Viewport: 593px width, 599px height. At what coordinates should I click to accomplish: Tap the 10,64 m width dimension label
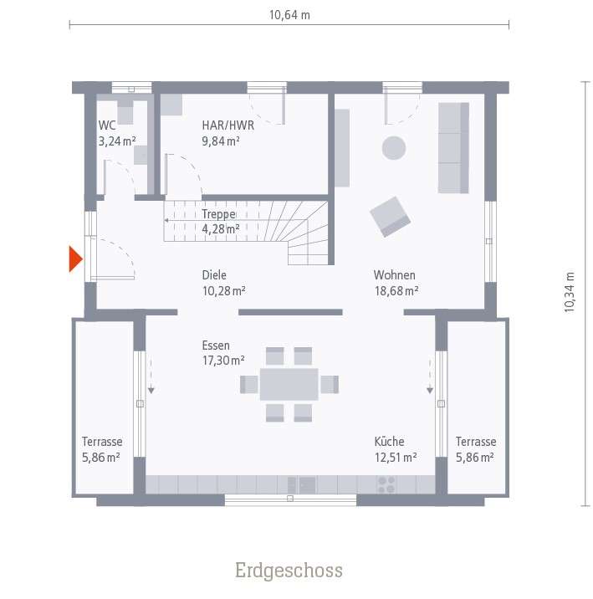289,15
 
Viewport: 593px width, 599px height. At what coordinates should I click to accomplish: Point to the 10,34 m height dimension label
570,292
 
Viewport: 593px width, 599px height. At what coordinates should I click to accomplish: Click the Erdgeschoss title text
289,571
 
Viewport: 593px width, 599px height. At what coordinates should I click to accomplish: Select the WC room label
107,125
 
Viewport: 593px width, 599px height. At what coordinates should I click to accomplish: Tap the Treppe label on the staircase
218,213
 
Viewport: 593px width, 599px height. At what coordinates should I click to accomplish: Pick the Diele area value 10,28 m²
223,290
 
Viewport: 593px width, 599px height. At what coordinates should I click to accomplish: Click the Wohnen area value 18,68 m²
396,290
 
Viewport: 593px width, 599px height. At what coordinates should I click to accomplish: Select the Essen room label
216,345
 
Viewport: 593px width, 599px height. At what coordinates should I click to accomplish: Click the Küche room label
390,441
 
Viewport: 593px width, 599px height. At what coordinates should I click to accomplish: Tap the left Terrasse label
102,442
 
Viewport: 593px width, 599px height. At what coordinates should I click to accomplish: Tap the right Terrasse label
476,442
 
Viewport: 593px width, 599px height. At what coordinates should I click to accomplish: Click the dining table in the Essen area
289,384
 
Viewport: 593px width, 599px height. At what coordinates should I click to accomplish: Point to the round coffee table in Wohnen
394,148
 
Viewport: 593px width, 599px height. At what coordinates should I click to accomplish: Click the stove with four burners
386,484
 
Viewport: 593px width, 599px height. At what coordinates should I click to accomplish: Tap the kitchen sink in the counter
302,484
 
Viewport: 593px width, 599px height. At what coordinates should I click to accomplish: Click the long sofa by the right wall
453,148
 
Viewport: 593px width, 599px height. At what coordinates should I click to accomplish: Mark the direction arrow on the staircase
167,220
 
